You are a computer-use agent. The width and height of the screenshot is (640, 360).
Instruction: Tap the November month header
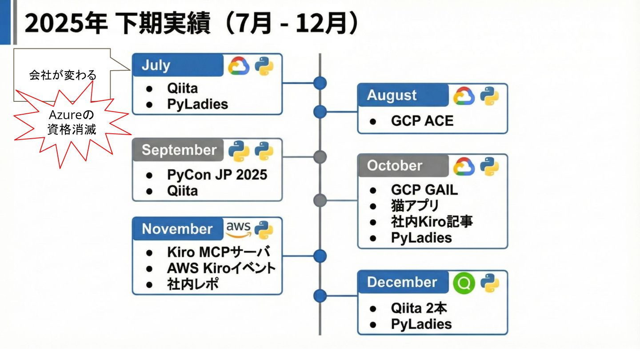[178, 229]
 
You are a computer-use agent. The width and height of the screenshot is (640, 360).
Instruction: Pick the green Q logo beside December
[464, 283]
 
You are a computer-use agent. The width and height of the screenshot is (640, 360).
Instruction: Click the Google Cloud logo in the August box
[464, 96]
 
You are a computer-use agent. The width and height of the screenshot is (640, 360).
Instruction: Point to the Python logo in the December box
[489, 283]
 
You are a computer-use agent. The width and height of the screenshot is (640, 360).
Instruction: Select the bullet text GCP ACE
[422, 120]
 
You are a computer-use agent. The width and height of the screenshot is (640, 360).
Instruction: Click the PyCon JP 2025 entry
[217, 175]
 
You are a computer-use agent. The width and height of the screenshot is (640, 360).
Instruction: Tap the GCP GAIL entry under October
[424, 190]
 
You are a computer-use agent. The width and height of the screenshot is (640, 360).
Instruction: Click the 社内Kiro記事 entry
[432, 221]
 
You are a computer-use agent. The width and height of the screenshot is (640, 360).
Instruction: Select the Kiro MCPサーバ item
[218, 252]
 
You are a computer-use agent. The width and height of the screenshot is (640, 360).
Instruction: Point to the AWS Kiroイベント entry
[221, 268]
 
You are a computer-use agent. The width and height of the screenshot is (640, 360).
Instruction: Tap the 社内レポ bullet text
[193, 284]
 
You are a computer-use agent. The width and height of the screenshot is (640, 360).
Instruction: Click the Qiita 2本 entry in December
[419, 308]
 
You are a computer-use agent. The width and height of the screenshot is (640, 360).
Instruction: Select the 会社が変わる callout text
[63, 75]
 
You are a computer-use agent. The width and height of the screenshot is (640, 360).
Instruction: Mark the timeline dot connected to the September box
[320, 157]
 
